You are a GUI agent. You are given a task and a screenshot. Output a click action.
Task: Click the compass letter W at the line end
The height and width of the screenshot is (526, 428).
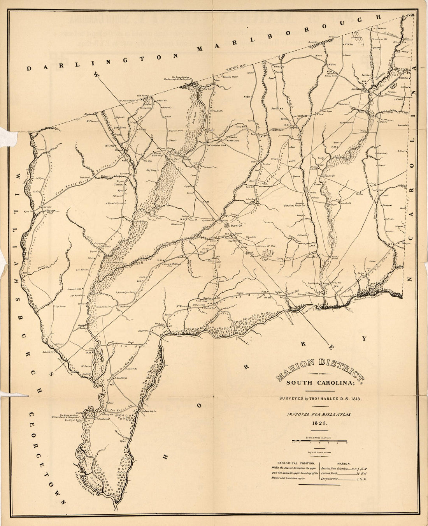pos(96,74)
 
